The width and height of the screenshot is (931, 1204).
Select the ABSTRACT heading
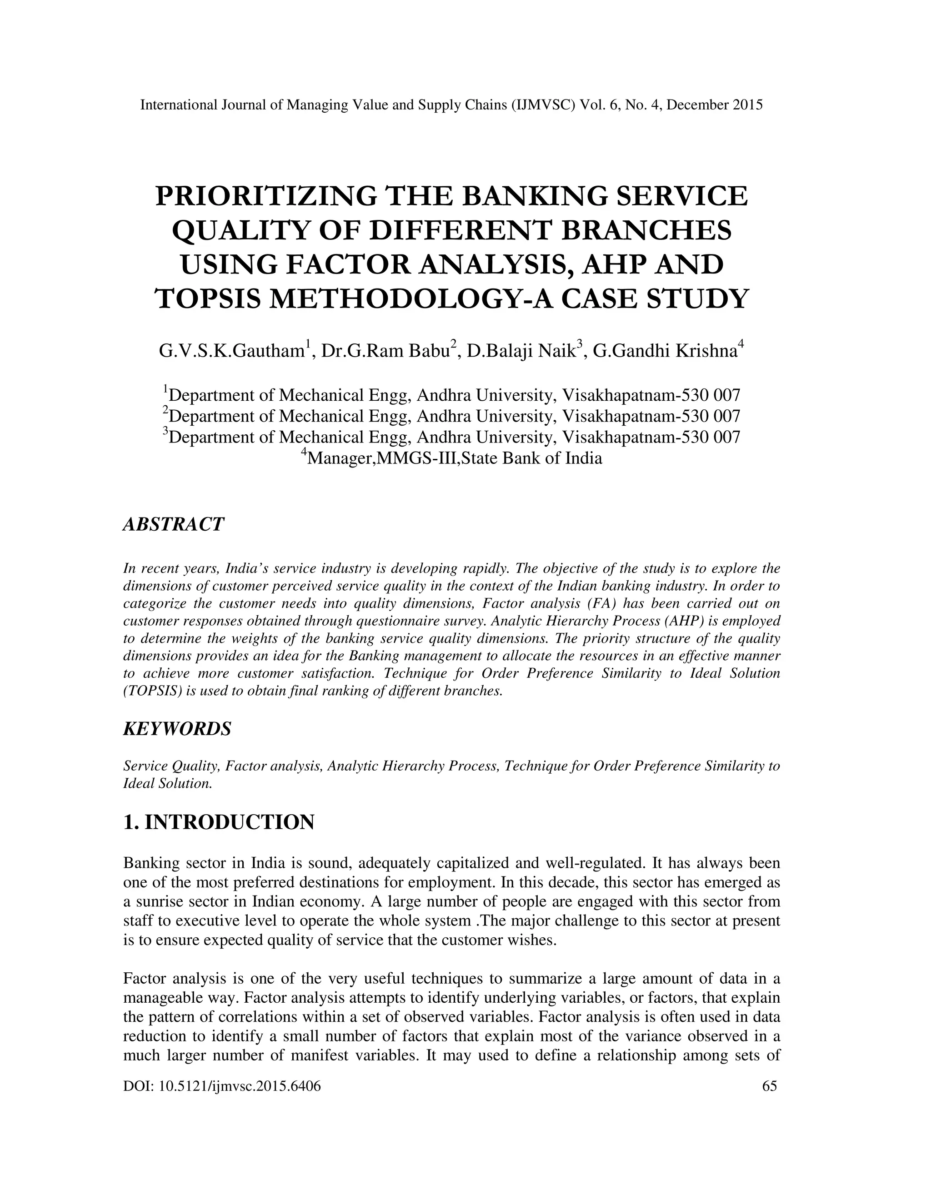(x=173, y=524)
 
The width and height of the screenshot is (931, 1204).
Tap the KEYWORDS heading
(x=176, y=729)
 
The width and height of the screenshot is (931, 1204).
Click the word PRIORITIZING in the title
(x=266, y=197)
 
